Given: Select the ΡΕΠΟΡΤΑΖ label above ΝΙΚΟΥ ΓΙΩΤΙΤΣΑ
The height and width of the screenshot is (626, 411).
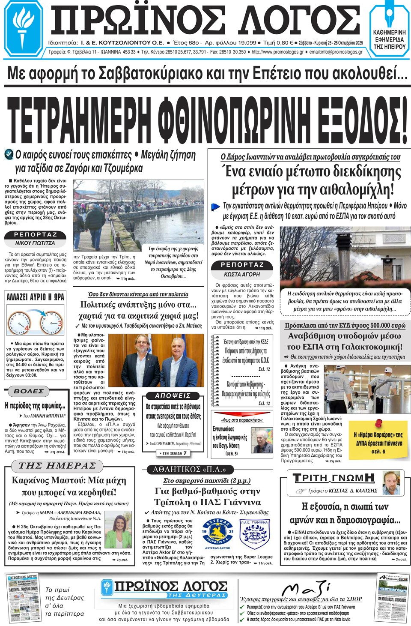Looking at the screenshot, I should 35,234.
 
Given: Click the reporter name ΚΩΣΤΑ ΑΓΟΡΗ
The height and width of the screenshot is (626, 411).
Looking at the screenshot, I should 242,274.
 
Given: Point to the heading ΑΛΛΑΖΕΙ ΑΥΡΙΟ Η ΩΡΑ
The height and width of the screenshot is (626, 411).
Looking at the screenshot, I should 35,297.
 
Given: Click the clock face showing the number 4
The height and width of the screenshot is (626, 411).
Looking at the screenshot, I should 19,323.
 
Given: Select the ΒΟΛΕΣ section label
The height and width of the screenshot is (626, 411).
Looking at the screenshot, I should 28,391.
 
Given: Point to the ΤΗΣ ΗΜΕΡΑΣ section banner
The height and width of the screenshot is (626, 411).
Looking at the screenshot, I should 57,466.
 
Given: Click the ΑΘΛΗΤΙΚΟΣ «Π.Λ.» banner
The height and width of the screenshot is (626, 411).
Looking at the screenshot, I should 189,469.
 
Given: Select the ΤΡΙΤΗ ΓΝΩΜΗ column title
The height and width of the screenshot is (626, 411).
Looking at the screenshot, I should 334,478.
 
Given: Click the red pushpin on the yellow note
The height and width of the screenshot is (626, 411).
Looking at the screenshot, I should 378,423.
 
